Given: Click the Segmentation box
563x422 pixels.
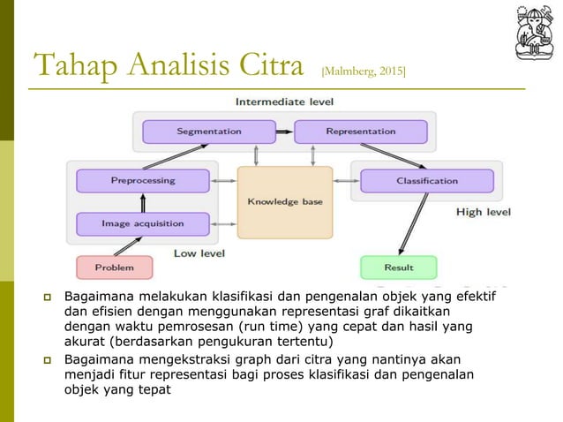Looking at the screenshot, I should [208, 132].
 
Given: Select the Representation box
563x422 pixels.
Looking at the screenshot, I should [360, 132].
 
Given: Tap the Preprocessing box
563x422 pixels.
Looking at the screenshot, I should [142, 181].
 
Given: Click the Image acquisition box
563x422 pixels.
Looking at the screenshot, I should [142, 224].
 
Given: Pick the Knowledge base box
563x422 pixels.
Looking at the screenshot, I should [284, 202].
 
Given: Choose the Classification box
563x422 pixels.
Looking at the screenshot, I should [427, 181].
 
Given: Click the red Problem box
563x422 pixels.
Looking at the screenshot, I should [114, 268].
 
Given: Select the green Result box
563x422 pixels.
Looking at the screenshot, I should [398, 268].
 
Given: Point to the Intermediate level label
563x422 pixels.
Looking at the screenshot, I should [283, 102].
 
